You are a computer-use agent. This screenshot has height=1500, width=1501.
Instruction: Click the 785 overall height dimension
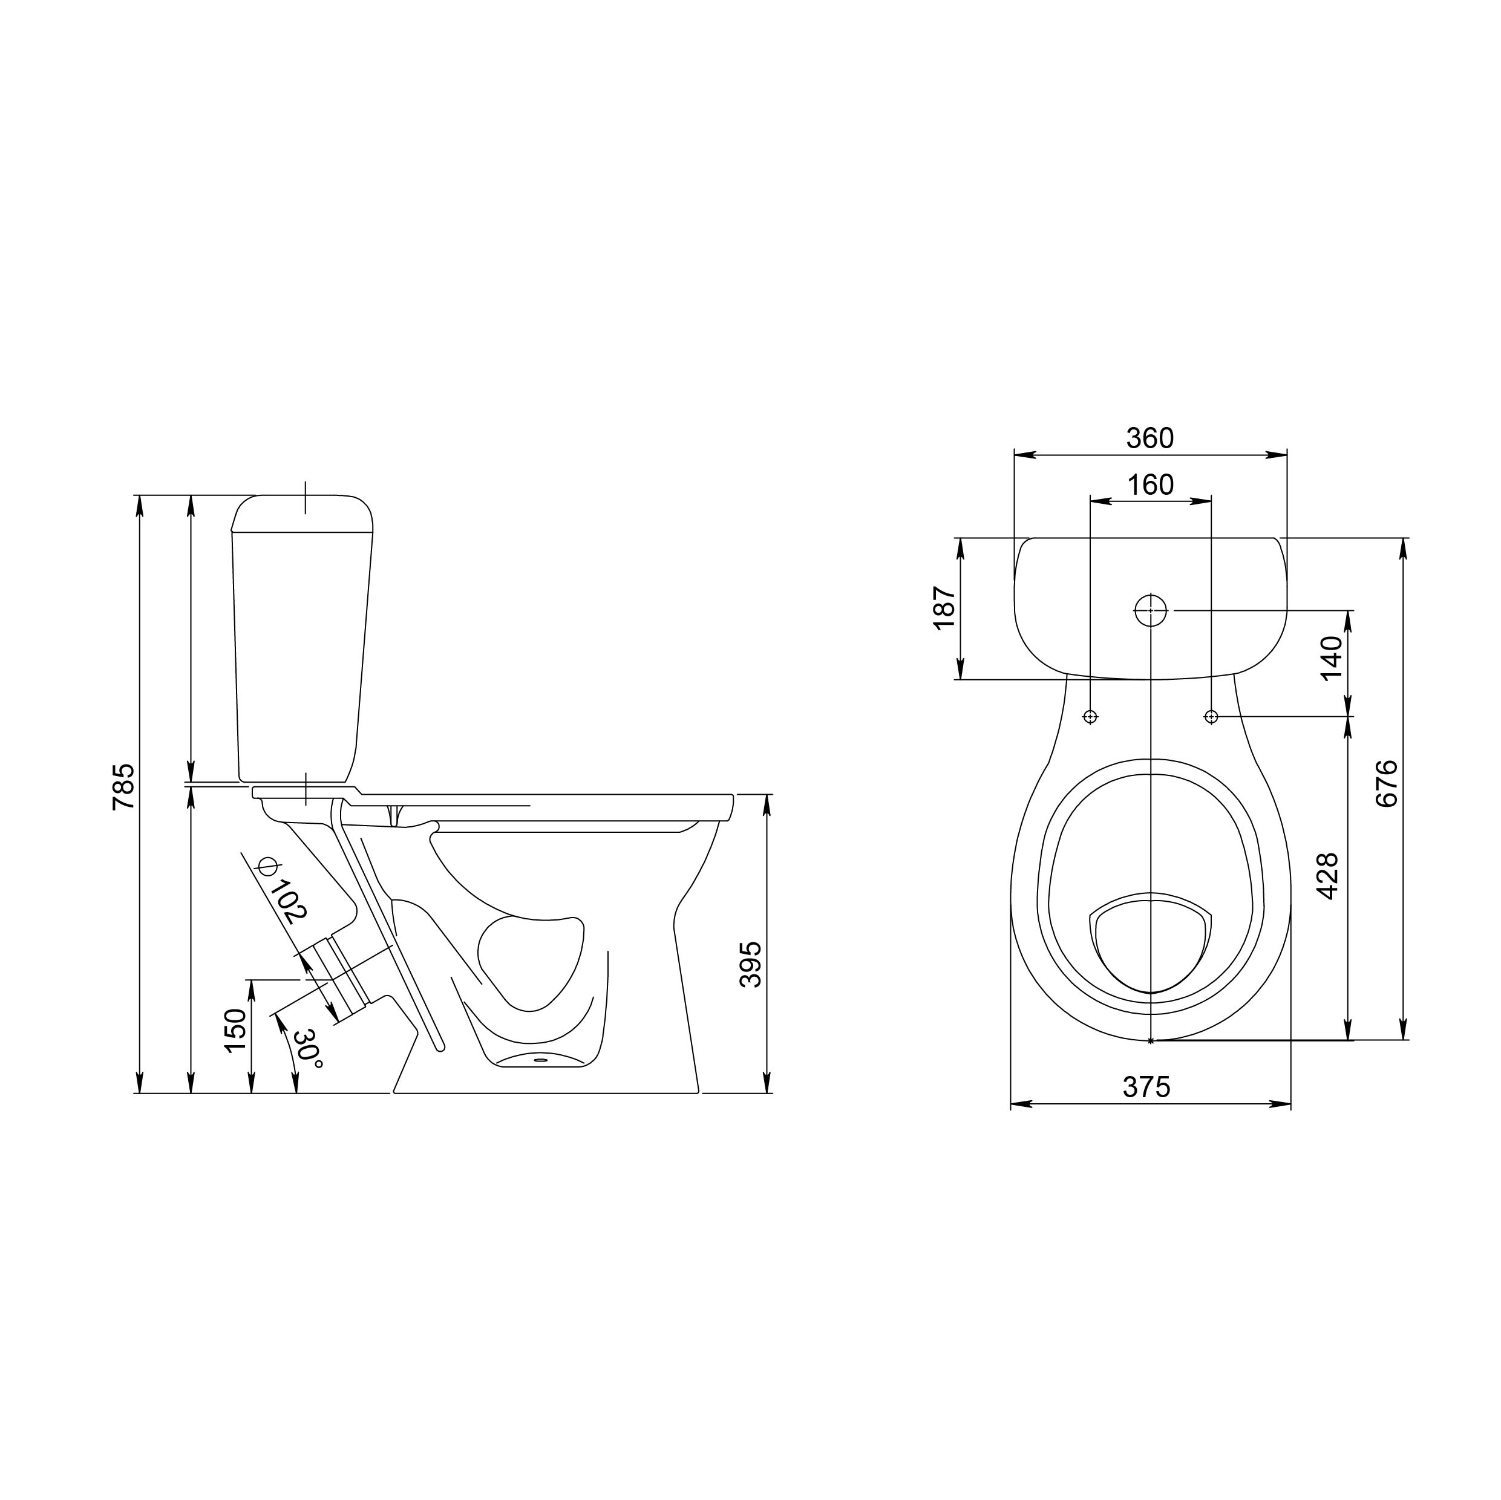click(124, 787)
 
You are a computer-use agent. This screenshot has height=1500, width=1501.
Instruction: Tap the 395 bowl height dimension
click(750, 964)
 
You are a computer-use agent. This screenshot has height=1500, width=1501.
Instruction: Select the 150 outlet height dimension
click(235, 1031)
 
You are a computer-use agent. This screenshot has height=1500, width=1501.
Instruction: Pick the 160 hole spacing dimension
click(1150, 484)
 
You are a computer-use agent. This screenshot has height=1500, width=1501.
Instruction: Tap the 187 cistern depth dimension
click(943, 607)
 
